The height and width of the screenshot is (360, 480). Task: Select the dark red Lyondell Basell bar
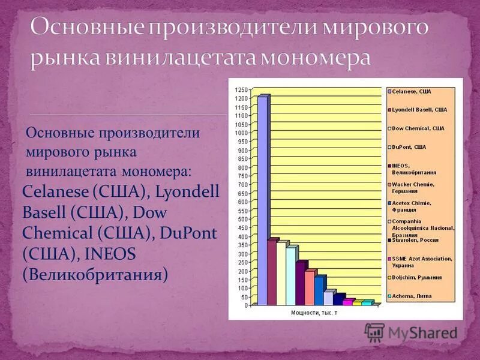coord(271,273)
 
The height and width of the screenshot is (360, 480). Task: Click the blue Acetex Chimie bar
coord(319,292)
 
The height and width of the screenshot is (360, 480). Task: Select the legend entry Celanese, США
coord(415,91)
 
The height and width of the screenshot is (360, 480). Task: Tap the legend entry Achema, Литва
coord(412,296)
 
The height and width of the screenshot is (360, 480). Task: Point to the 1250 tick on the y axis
coord(241,89)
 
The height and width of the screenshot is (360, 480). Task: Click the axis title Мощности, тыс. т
coord(314,313)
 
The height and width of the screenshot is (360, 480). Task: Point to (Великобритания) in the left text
coord(95,275)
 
